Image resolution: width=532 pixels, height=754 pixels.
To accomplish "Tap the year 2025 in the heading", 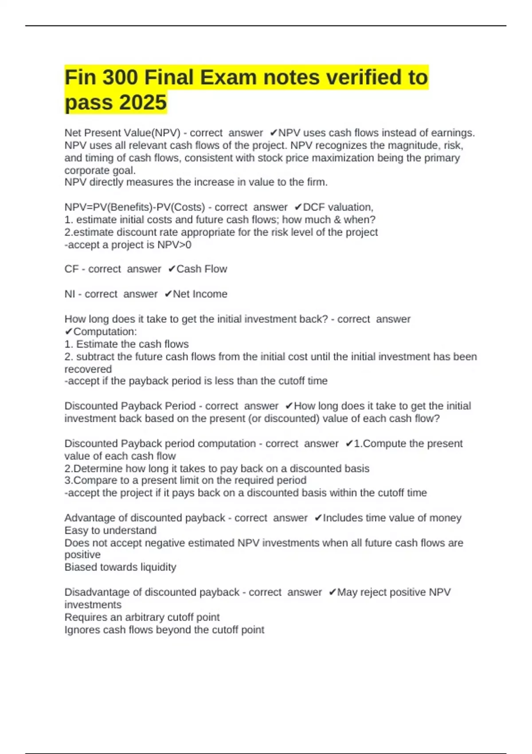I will click(x=143, y=102).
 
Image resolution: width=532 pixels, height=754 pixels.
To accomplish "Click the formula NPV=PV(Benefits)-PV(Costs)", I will click(x=135, y=207).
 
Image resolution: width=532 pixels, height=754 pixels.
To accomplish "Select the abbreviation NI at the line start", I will click(x=70, y=294).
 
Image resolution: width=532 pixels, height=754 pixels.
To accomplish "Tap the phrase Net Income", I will click(x=200, y=294).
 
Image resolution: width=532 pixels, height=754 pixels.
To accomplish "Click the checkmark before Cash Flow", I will click(x=172, y=269).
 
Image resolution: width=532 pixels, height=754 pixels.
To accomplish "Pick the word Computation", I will click(x=105, y=332).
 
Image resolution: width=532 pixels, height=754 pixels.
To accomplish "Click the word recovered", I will click(x=88, y=369).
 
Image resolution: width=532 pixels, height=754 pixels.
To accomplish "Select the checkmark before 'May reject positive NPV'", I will click(x=332, y=593).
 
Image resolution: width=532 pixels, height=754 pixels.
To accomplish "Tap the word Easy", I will click(x=76, y=530).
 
